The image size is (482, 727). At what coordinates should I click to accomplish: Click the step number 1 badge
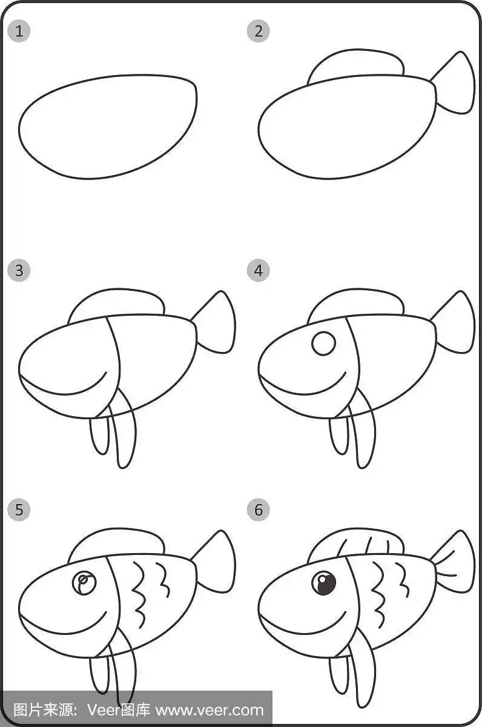[x=19, y=31]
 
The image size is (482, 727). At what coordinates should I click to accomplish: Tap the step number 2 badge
[x=258, y=31]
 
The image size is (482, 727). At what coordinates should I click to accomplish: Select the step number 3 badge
[x=19, y=270]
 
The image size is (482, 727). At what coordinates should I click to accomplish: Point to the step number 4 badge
[x=258, y=270]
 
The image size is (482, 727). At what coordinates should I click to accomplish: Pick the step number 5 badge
[x=19, y=510]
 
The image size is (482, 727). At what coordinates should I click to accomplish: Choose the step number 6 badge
[x=258, y=510]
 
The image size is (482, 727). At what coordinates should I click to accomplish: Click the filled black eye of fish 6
[x=324, y=583]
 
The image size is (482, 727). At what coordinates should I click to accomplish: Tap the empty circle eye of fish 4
[x=324, y=344]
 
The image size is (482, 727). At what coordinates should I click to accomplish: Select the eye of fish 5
[x=84, y=583]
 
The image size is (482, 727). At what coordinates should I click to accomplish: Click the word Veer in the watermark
[x=103, y=711]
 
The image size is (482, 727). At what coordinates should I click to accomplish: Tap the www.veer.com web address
[x=210, y=711]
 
